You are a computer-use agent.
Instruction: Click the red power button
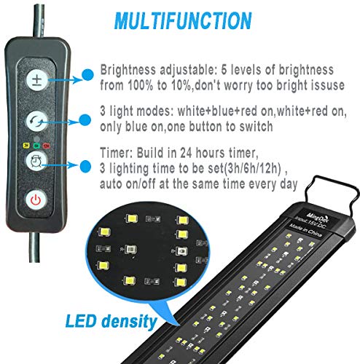point(34,199)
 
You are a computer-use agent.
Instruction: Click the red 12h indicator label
point(45,144)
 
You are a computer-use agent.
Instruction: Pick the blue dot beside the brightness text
point(87,74)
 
